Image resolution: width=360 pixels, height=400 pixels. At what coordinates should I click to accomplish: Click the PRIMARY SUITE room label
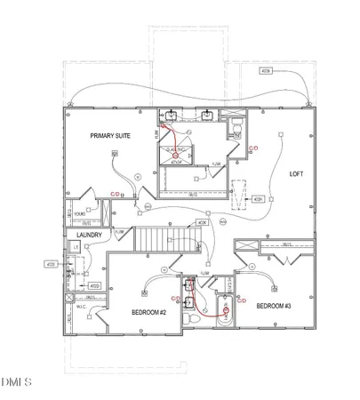click(x=109, y=135)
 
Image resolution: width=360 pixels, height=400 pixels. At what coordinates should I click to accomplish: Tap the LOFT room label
click(x=296, y=174)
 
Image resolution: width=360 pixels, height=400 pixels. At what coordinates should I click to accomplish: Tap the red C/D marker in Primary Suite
click(x=115, y=194)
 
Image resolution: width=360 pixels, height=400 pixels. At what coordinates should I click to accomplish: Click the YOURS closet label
click(x=79, y=214)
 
